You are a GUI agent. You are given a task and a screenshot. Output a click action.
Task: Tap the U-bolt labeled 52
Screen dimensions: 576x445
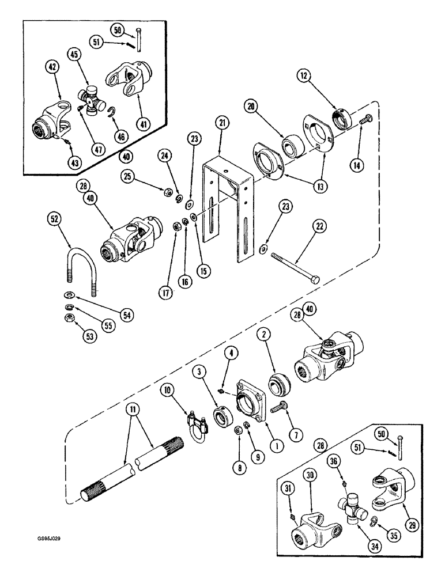(79, 264)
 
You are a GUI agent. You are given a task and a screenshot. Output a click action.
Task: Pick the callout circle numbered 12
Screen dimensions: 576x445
(305, 76)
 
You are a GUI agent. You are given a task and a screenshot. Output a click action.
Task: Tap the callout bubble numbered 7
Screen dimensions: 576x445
(297, 433)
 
